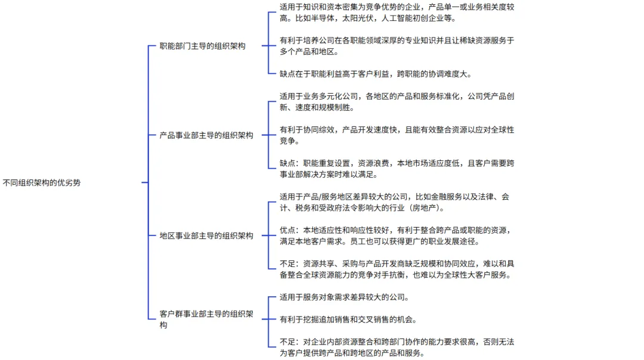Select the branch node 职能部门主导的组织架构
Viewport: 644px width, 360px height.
tap(203, 46)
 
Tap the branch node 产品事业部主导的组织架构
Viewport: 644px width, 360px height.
tap(206, 135)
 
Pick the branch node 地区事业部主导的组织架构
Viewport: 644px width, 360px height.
tap(206, 235)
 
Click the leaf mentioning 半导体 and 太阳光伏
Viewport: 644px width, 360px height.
tap(397, 13)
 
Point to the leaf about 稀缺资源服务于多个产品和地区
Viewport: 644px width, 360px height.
tap(397, 46)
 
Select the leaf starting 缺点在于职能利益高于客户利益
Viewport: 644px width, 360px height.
tap(376, 74)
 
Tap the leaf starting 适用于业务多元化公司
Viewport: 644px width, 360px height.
tap(397, 102)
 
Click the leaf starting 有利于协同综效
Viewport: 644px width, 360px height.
tap(397, 135)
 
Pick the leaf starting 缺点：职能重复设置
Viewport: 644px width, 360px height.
tap(397, 169)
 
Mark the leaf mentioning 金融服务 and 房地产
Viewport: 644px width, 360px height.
tap(394, 202)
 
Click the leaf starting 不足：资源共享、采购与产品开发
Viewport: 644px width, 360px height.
tap(397, 269)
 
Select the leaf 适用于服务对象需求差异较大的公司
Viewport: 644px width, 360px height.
tap(345, 297)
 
